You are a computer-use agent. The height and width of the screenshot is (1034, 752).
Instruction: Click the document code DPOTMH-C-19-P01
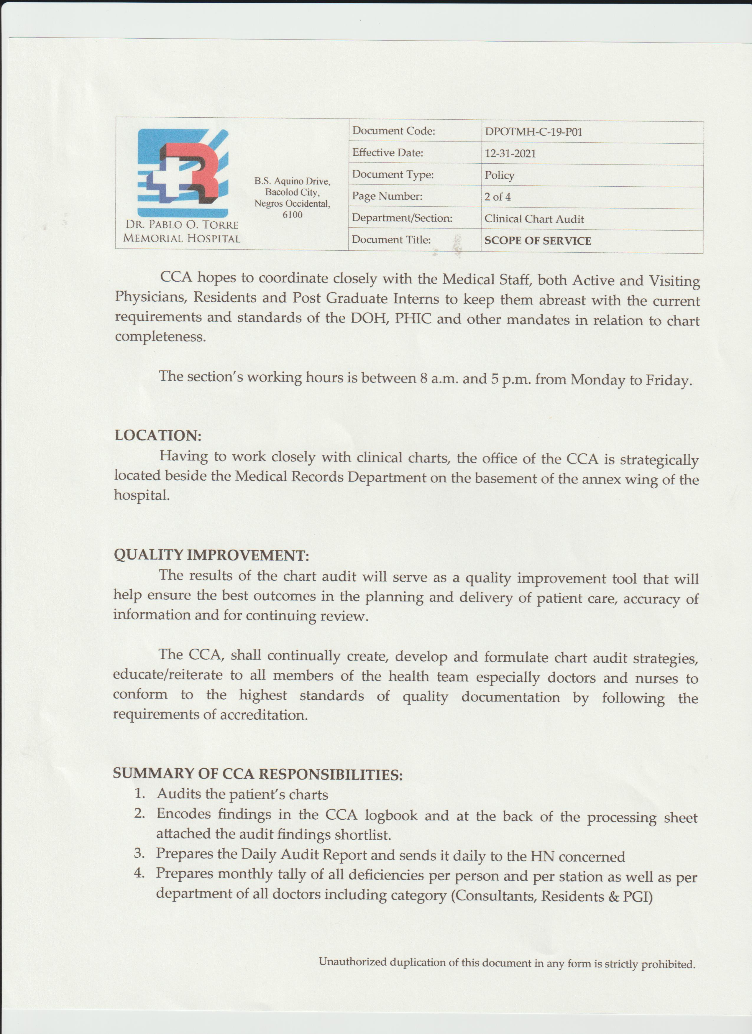coord(533,132)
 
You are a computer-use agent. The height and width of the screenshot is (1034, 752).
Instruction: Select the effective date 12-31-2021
coord(510,154)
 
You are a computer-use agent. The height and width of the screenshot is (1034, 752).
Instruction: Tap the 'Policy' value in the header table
coord(499,175)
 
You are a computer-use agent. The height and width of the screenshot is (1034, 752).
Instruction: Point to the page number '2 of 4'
coord(497,197)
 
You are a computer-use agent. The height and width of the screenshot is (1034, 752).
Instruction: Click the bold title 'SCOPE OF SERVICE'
coord(537,241)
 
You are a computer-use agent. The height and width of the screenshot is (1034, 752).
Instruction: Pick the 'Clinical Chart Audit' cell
coord(533,219)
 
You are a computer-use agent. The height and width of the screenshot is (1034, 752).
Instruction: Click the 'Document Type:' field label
coord(393,175)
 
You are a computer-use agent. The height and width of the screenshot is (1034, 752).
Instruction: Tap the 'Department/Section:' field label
coord(402,218)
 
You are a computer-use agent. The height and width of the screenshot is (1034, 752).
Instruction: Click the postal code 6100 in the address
coord(292,215)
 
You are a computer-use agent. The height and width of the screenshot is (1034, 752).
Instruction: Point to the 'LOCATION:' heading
coord(158,435)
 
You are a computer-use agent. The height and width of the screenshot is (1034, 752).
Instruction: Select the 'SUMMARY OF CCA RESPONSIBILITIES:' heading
coord(258,774)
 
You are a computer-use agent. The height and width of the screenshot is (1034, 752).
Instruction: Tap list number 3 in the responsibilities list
coord(139,853)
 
